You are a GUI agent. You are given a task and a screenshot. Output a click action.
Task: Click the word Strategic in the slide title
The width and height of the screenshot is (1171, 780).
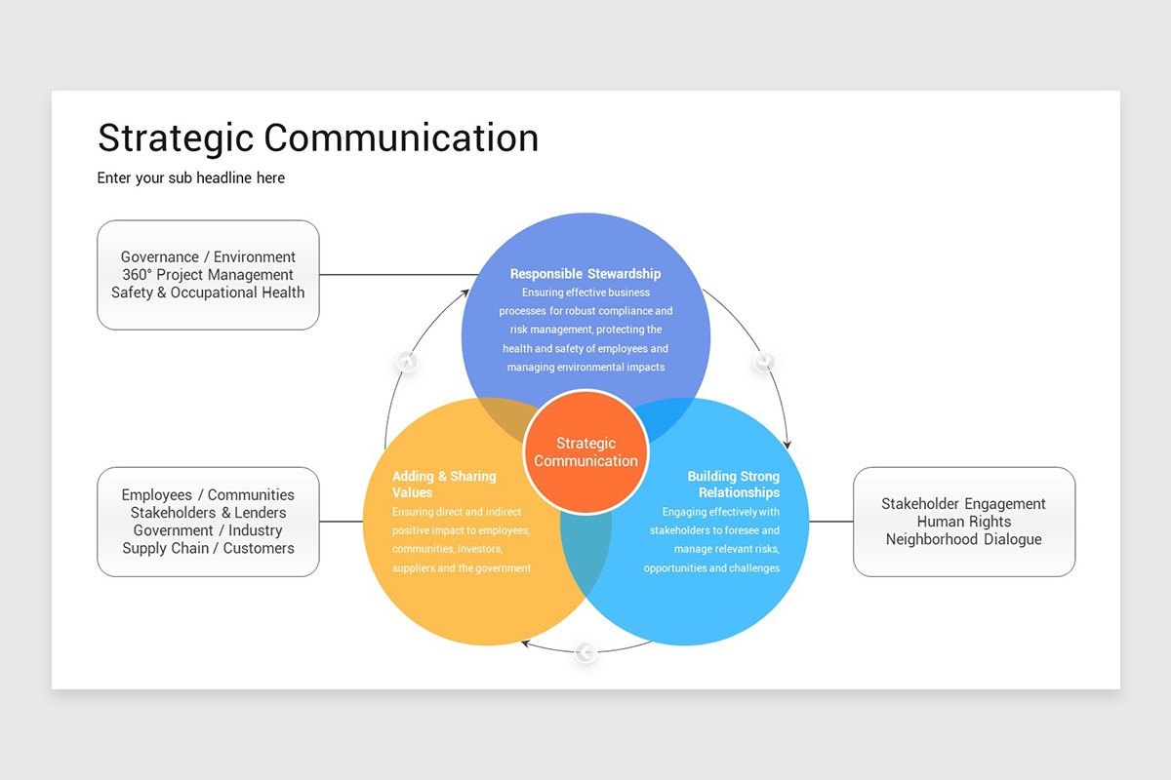tap(176, 137)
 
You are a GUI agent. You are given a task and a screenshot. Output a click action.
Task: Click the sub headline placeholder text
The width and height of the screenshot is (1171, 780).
tap(191, 177)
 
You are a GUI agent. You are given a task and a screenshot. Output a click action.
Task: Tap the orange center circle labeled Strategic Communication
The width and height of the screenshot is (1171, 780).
tap(585, 451)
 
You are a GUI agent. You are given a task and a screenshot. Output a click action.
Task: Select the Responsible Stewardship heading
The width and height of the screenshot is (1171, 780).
tap(585, 274)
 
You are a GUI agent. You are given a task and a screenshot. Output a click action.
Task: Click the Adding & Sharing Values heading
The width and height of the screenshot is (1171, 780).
tap(443, 484)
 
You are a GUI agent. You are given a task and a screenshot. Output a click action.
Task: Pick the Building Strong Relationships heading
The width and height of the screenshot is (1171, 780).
tap(734, 484)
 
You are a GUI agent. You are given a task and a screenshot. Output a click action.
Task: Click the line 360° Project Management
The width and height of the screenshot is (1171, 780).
tap(208, 275)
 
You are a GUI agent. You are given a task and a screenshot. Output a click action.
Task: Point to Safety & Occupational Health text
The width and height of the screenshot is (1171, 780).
tap(208, 292)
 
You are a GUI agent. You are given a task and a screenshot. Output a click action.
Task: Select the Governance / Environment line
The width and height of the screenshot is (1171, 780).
tap(208, 257)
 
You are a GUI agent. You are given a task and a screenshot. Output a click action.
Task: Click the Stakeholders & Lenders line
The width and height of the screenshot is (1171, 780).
tap(208, 513)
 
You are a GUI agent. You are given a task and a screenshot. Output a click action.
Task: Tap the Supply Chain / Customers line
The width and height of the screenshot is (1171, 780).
tap(208, 548)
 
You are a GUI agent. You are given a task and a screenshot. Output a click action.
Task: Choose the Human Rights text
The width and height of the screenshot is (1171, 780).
tap(963, 522)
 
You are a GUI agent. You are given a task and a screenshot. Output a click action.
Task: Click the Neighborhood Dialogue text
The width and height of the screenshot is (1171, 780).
tap(963, 539)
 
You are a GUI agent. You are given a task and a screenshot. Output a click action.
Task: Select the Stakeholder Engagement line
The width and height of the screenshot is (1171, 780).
tap(963, 504)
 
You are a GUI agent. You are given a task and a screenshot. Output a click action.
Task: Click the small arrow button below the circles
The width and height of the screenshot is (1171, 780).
tap(585, 652)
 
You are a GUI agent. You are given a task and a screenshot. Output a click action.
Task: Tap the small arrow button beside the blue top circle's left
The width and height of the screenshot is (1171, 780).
tap(407, 362)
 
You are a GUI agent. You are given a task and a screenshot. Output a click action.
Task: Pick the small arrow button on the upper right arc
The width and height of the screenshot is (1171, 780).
tap(765, 362)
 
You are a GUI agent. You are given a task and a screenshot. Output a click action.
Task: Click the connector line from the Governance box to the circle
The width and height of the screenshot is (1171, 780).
tap(390, 275)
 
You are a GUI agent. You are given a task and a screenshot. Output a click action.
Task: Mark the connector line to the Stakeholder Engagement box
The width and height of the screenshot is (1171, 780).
tap(831, 522)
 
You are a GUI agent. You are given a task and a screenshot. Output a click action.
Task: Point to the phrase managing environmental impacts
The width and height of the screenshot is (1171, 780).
tap(585, 368)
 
